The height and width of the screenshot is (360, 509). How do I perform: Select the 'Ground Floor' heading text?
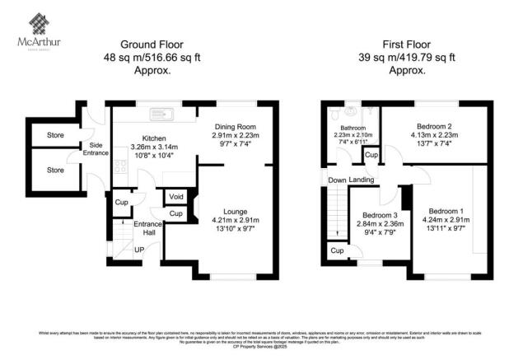[x=152, y=44]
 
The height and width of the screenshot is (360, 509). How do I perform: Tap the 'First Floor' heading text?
[x=405, y=44]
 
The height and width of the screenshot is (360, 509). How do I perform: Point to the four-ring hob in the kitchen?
[x=120, y=167]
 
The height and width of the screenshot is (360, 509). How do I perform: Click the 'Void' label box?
[x=176, y=197]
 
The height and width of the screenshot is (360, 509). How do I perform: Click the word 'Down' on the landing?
[x=337, y=180]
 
